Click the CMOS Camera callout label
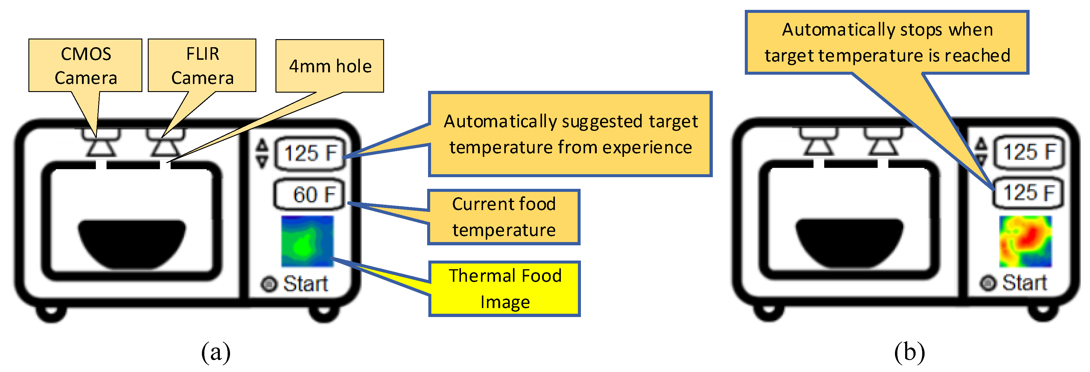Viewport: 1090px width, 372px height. click(86, 65)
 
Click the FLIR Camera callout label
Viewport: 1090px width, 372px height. click(202, 65)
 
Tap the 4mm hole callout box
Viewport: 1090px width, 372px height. click(330, 66)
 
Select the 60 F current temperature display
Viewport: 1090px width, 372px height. click(309, 195)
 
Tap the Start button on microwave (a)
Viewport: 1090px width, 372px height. click(269, 284)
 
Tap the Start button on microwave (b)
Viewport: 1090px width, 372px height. click(988, 283)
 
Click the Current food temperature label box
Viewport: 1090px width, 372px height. click(503, 217)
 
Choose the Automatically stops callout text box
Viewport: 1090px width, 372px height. click(887, 42)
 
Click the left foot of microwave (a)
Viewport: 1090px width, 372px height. click(51, 313)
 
